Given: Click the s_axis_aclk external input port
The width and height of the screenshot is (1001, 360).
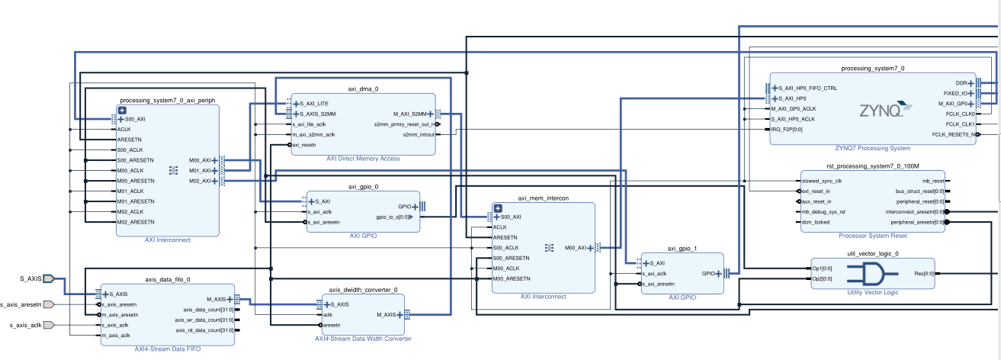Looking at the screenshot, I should tap(47, 325).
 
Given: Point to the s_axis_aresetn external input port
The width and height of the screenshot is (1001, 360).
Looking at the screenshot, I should tap(47, 304).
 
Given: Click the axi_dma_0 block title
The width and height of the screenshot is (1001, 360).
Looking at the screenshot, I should tap(363, 88).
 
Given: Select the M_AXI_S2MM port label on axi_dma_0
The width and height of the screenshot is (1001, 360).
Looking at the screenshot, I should tap(409, 114).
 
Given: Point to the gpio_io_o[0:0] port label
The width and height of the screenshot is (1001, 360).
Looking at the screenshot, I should tap(390, 217).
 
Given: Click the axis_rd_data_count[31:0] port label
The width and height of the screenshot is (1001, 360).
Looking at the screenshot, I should tap(205, 330).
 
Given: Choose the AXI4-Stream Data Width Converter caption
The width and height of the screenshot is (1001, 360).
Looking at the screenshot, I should tap(363, 339).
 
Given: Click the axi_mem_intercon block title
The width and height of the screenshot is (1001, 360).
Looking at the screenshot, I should tap(544, 198).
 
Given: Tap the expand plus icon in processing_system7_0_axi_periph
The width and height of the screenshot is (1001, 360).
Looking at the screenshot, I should tap(121, 111).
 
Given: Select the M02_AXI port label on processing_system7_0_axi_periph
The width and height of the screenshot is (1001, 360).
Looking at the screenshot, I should tap(200, 181).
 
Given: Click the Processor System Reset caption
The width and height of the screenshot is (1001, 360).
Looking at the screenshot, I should tap(872, 236).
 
